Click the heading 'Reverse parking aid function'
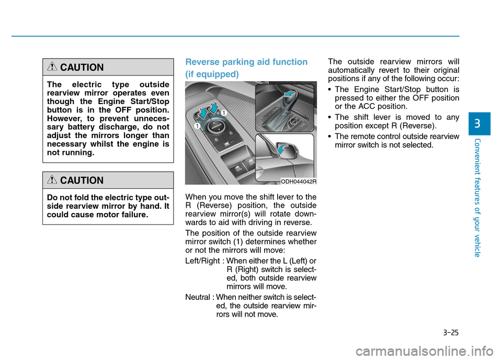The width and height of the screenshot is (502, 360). coord(246,62)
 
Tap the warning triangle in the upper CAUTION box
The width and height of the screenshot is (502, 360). coord(52,67)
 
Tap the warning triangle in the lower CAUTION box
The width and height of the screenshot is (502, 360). coord(52,181)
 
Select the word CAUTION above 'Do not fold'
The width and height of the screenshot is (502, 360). coord(82,181)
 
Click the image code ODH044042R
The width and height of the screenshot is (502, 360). coord(299,181)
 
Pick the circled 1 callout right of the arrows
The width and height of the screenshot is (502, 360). coord(223,113)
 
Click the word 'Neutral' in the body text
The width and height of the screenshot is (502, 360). coord(198,297)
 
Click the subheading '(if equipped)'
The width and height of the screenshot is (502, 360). coord(212,74)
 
